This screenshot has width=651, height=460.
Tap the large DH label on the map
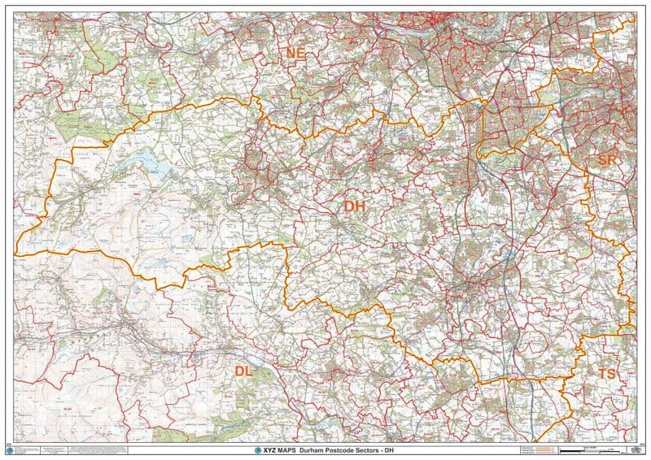pyautogui.click(x=355, y=206)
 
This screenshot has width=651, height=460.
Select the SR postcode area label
pyautogui.click(x=607, y=160)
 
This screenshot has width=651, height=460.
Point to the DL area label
pyautogui.click(x=244, y=371)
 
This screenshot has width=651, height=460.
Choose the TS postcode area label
pyautogui.click(x=607, y=373)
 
